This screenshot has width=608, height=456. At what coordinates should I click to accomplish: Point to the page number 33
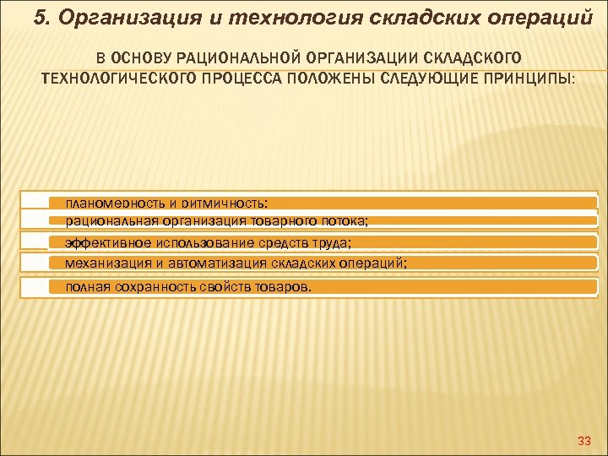coord(584,441)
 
